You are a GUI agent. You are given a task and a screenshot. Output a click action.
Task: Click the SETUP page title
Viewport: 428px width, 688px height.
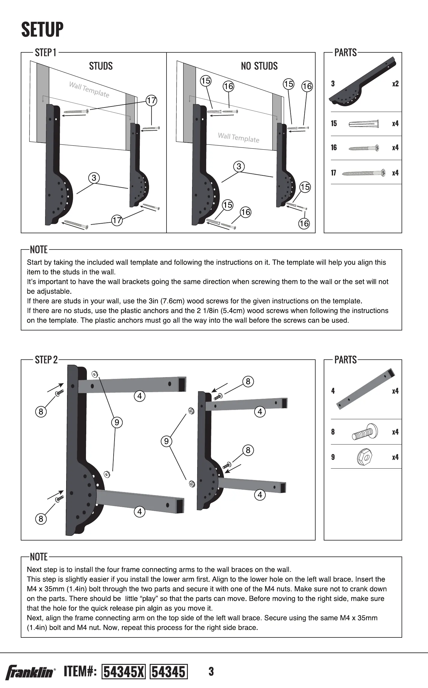[x=42, y=29]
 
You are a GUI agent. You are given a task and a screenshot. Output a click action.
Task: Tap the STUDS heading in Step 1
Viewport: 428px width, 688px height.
[x=101, y=66]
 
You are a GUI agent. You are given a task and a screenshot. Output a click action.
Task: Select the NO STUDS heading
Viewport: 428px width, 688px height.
[x=259, y=66]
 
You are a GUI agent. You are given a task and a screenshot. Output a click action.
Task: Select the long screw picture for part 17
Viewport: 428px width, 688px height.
[x=364, y=173]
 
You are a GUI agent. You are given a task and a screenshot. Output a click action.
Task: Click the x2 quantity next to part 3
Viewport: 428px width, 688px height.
[x=395, y=84]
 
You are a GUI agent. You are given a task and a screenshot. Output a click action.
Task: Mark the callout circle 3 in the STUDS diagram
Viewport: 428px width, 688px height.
[x=94, y=178]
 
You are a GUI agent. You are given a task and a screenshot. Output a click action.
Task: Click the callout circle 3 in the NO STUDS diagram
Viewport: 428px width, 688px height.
[x=239, y=166]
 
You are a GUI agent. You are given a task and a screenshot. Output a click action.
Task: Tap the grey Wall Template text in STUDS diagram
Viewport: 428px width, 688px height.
[x=89, y=89]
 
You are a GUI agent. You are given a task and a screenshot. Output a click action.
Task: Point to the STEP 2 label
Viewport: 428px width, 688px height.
[x=46, y=360]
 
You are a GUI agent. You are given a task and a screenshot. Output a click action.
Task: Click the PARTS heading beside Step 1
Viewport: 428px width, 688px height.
[x=345, y=53]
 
